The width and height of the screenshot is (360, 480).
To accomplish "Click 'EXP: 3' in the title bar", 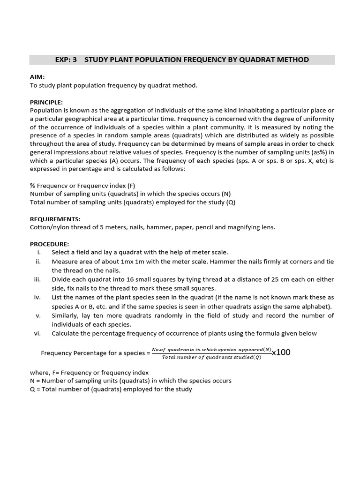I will click(x=66, y=60).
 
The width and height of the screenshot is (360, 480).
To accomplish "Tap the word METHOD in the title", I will click(x=291, y=60).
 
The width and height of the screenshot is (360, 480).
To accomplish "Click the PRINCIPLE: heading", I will click(x=46, y=102).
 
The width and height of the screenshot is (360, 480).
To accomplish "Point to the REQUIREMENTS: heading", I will click(x=55, y=219).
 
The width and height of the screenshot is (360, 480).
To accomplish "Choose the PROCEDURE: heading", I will click(x=49, y=244).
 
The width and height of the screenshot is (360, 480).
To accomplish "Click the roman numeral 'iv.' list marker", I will click(x=37, y=298).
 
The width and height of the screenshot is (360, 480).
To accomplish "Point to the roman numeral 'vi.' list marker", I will click(x=37, y=333).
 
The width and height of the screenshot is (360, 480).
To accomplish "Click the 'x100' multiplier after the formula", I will click(x=281, y=352).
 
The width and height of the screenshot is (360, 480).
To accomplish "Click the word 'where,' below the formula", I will click(x=39, y=372).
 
